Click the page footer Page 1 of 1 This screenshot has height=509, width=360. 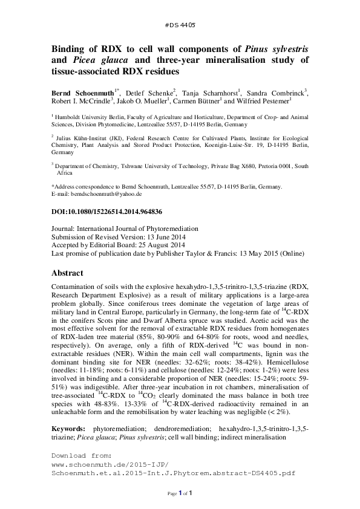click(x=180, y=494)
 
